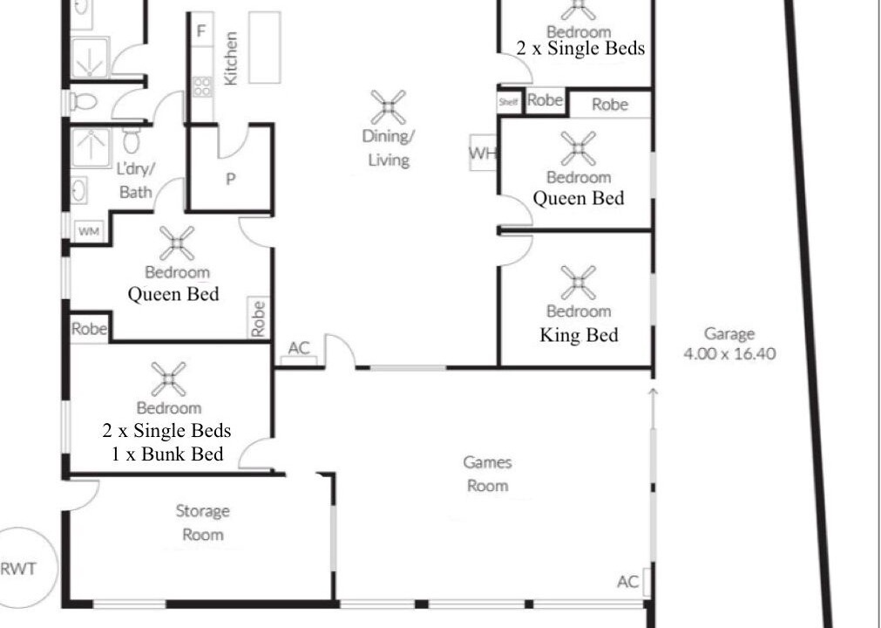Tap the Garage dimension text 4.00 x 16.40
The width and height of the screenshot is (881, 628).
tap(729, 353)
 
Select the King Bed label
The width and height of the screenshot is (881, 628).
tap(579, 335)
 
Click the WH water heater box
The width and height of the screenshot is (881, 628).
tap(483, 153)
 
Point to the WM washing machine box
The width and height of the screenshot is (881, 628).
tap(89, 231)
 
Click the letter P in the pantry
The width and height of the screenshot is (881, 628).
tap(230, 180)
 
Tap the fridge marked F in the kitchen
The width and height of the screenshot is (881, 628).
tap(201, 31)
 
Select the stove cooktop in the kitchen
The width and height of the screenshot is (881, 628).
tap(201, 86)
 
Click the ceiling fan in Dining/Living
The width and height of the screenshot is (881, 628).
tap(389, 106)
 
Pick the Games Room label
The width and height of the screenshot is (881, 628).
tap(488, 474)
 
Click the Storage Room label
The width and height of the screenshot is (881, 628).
tap(202, 522)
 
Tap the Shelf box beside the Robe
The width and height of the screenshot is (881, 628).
tap(508, 102)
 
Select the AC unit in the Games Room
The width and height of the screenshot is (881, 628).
tap(647, 582)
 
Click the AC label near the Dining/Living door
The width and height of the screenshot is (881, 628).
tap(299, 348)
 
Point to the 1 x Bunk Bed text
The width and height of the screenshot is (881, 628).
tap(166, 454)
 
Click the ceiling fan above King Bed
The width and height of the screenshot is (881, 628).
tap(578, 283)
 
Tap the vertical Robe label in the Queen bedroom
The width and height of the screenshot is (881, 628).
tap(258, 318)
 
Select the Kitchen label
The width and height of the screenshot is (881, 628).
tap(231, 58)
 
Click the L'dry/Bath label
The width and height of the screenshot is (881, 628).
tap(135, 180)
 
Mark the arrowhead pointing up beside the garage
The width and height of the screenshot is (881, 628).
tap(653, 392)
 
